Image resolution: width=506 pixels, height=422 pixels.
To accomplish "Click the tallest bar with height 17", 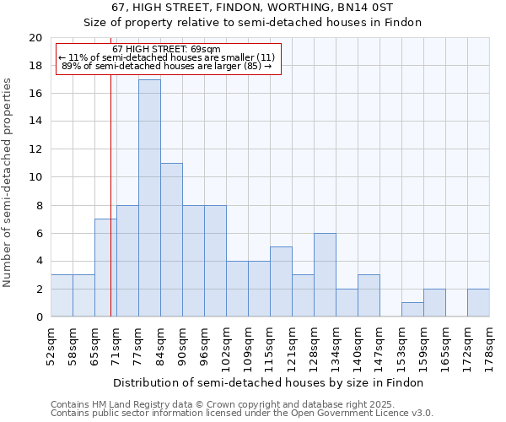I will tap(149, 198).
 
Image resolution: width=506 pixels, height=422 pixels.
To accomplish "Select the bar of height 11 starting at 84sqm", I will tap(171, 240).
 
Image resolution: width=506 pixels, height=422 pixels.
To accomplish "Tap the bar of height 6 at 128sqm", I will tap(325, 275).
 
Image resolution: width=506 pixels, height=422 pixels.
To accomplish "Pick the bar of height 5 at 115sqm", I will tap(281, 282).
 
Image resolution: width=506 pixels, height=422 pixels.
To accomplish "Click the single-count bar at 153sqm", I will tap(412, 310).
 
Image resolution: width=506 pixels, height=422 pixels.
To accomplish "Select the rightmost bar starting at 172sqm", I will tap(478, 303).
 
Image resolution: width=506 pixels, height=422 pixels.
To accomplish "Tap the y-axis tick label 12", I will tap(35, 149).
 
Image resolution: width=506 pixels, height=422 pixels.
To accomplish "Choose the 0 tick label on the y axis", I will tap(38, 317).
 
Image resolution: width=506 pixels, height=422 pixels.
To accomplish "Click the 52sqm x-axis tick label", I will tap(51, 344).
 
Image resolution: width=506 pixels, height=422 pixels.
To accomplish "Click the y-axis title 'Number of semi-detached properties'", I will tap(8, 182).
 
